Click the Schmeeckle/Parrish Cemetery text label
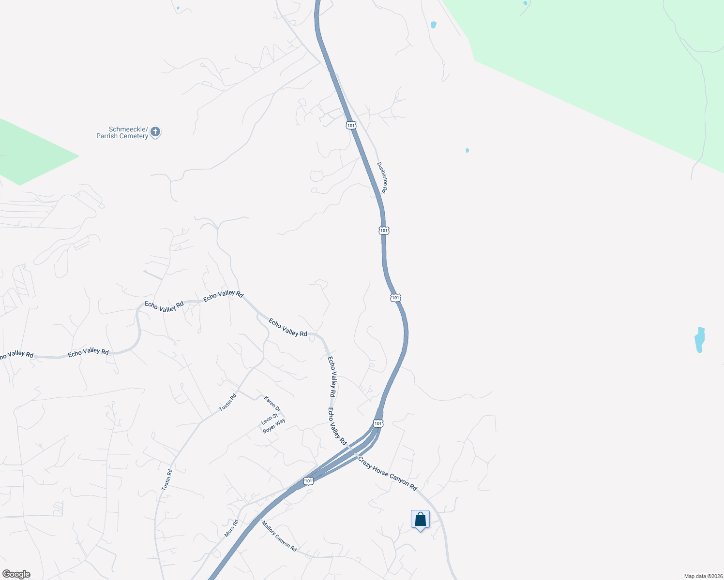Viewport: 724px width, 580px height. [x=122, y=132]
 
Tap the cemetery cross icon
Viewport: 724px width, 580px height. [x=155, y=131]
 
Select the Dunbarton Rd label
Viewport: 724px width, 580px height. [x=382, y=177]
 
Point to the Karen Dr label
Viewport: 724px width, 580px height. [x=272, y=404]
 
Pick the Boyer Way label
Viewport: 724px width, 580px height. [x=274, y=426]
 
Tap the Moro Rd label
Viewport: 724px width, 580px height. [x=232, y=528]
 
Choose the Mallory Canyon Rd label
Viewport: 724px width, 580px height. [x=279, y=536]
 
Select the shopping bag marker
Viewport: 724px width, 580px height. [x=420, y=520]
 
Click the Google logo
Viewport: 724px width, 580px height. [x=16, y=574]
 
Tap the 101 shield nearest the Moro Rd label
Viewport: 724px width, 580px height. [x=308, y=481]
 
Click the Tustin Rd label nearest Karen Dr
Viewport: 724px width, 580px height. [x=227, y=402]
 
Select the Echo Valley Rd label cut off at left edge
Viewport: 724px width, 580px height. [x=15, y=355]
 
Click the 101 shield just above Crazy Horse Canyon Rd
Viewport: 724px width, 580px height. [x=378, y=423]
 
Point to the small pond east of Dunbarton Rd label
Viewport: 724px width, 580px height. [x=467, y=150]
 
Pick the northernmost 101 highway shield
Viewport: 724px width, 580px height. [x=351, y=125]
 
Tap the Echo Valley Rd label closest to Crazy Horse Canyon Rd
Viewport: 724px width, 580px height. [x=337, y=426]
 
